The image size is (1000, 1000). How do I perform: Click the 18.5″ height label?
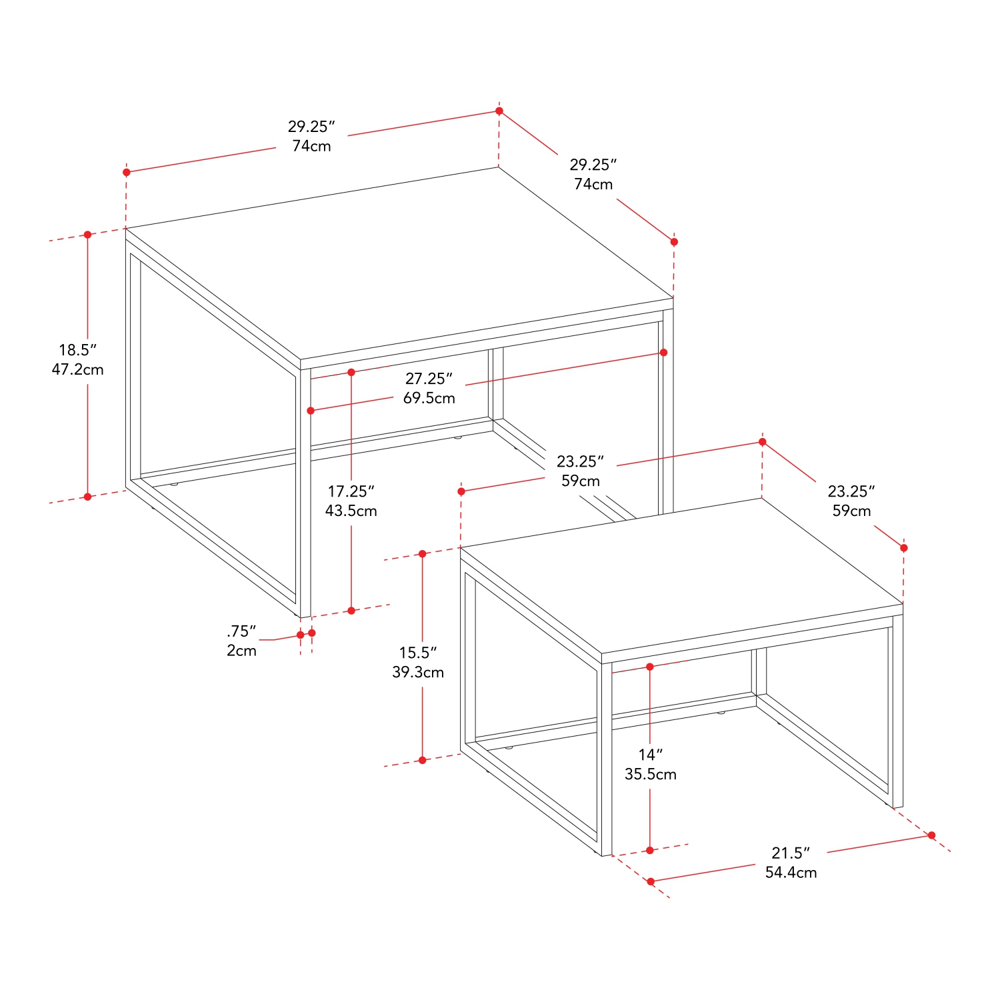pyautogui.click(x=78, y=350)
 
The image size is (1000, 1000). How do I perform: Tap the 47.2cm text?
pyautogui.click(x=78, y=369)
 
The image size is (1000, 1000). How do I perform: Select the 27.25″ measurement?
pyautogui.click(x=429, y=379)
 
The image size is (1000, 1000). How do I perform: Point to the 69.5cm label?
pyautogui.click(x=429, y=398)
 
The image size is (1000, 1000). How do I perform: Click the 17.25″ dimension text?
pyautogui.click(x=351, y=491)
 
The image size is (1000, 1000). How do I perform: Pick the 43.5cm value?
pyautogui.click(x=351, y=511)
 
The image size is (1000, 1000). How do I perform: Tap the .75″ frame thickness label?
pyautogui.click(x=241, y=631)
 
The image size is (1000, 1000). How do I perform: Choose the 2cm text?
pyautogui.click(x=241, y=651)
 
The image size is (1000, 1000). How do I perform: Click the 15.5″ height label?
pyautogui.click(x=418, y=653)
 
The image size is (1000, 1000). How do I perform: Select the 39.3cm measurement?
pyautogui.click(x=418, y=672)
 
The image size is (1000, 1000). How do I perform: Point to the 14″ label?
pyautogui.click(x=651, y=755)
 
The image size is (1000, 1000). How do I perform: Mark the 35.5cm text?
pyautogui.click(x=651, y=774)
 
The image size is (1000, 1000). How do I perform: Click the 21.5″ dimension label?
pyautogui.click(x=791, y=853)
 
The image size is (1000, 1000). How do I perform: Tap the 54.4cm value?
pyautogui.click(x=791, y=872)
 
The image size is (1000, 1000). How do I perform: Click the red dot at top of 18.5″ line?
pyautogui.click(x=87, y=235)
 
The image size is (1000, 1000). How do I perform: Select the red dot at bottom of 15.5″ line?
pyautogui.click(x=422, y=760)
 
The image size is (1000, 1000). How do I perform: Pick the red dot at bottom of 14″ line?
pyautogui.click(x=650, y=850)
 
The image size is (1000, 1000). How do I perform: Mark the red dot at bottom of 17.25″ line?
pyautogui.click(x=351, y=611)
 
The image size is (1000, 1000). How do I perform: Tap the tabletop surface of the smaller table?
pyautogui.click(x=680, y=577)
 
